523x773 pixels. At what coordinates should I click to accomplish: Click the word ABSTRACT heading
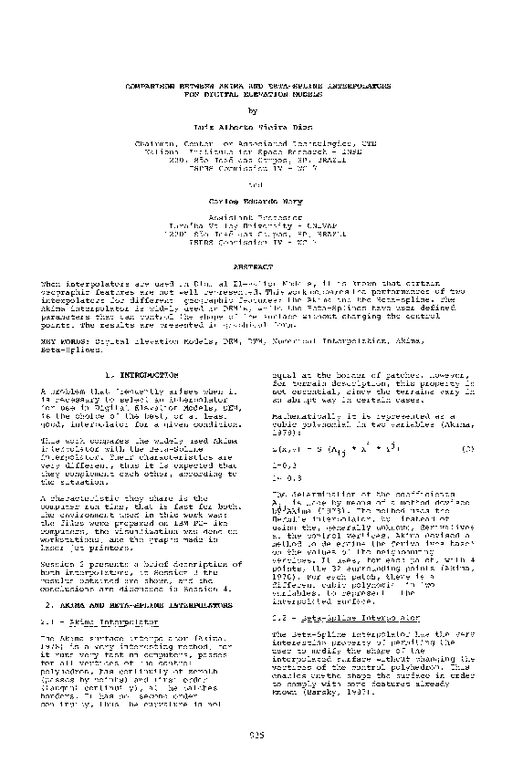coord(261,269)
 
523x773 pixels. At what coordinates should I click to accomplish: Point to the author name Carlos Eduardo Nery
coord(261,206)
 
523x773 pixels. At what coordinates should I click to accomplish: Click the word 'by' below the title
coord(261,110)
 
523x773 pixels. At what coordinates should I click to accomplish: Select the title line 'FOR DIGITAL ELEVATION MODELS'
coord(261,91)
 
